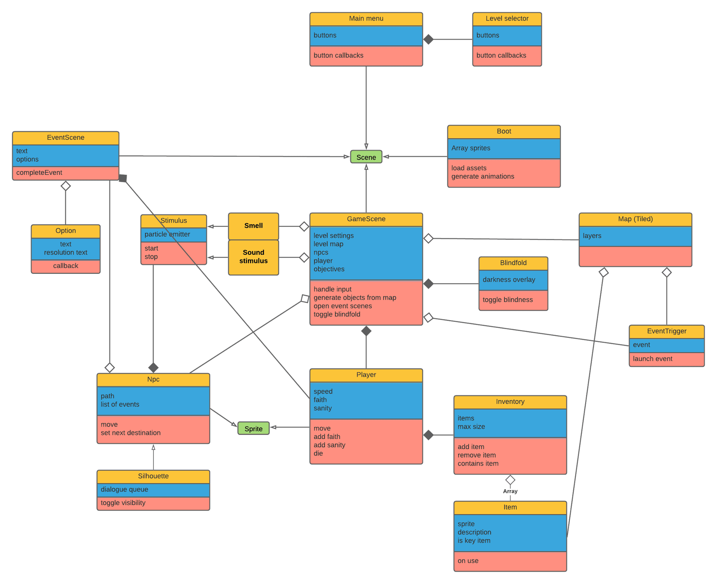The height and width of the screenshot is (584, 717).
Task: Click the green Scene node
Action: (366, 157)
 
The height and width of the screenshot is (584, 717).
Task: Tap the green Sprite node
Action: (253, 429)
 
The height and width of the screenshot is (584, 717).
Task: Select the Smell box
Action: (253, 226)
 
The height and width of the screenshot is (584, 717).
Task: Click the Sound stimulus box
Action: (253, 257)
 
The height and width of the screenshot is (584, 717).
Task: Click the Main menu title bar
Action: (366, 19)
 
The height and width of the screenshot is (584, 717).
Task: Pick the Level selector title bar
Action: (507, 19)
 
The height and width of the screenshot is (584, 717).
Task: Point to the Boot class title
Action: (504, 132)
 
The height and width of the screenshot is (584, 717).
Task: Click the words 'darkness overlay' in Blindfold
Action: (509, 279)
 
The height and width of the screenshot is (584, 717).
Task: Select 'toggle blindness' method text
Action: (508, 300)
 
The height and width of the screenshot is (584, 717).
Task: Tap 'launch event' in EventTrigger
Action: (652, 359)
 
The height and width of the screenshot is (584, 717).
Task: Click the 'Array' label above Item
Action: (510, 491)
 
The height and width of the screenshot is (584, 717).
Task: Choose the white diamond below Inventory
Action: (510, 480)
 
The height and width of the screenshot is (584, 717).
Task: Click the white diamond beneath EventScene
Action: (66, 186)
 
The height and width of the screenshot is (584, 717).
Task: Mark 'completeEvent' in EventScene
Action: (39, 173)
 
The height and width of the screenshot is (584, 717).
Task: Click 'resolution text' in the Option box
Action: (66, 253)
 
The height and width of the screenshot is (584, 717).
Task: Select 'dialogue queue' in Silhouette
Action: (124, 489)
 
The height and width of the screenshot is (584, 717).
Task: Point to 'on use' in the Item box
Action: (468, 561)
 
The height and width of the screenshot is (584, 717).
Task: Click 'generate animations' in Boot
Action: (482, 176)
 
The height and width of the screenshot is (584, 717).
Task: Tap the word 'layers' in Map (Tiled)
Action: (592, 236)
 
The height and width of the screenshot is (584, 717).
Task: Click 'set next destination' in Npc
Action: (130, 433)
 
